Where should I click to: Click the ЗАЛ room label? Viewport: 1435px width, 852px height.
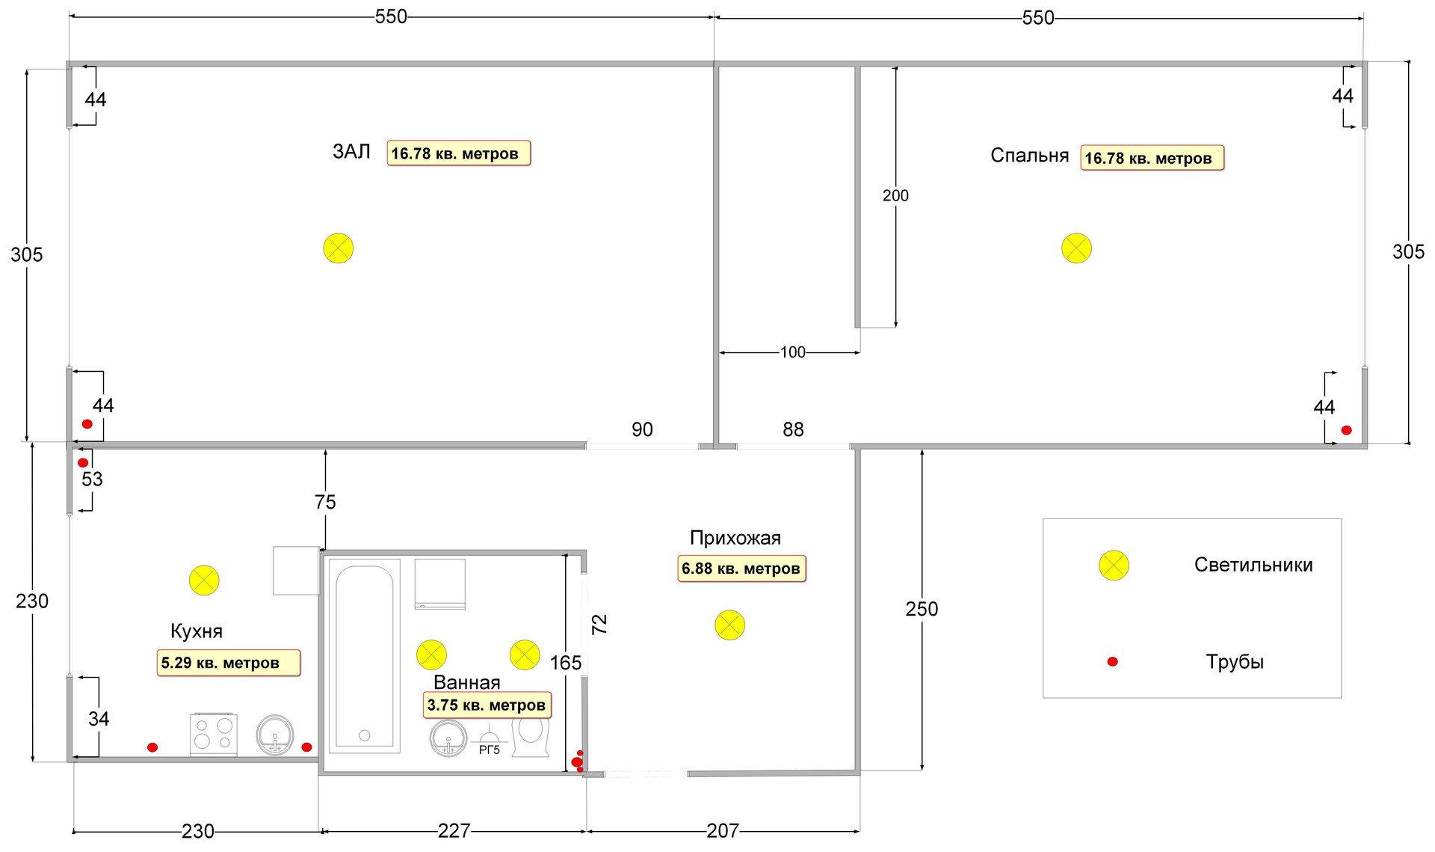pos(351,152)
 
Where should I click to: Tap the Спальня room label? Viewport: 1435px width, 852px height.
pos(1029,156)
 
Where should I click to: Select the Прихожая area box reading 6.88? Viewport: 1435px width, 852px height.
pos(741,568)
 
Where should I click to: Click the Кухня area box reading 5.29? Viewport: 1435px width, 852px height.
pos(228,663)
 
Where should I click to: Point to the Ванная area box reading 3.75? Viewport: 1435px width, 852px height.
pos(487,705)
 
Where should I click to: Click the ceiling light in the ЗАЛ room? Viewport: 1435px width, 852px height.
pos(338,248)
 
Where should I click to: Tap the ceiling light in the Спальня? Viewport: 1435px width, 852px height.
pos(1076,248)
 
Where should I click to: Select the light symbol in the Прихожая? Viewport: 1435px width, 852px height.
pos(729,625)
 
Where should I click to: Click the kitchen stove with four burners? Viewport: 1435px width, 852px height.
pos(213,735)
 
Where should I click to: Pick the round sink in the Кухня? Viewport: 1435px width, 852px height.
pos(275,735)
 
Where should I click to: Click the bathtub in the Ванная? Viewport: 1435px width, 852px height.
pos(365,655)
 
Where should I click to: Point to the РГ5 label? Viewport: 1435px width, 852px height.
pos(490,750)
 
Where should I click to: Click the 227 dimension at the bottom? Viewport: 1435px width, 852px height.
pos(454,831)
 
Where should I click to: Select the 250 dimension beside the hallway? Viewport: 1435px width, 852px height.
pos(922,610)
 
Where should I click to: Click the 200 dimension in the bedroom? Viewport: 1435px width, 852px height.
pos(895,196)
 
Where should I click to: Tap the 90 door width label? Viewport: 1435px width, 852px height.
pos(642,429)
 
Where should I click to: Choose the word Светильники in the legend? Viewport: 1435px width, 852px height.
pos(1253,565)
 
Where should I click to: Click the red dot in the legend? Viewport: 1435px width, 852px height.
pos(1112,662)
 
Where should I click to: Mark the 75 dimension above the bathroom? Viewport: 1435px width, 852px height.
pos(325,502)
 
